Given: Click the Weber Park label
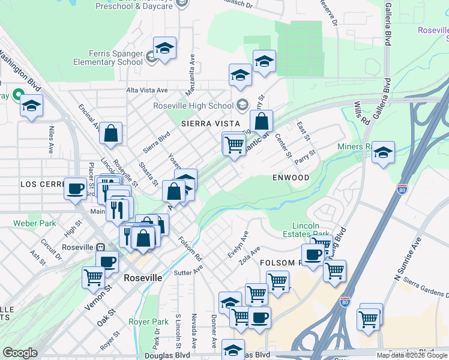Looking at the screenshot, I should click(35, 224).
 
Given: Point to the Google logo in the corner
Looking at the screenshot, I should click(20, 353).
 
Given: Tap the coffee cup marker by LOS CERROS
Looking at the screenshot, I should click(76, 188).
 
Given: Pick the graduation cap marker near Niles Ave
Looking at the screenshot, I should click(31, 107).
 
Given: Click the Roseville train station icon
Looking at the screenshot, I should click(101, 247).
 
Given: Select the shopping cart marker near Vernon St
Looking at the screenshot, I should click(93, 277).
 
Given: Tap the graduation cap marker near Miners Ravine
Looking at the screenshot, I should click(382, 153).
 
